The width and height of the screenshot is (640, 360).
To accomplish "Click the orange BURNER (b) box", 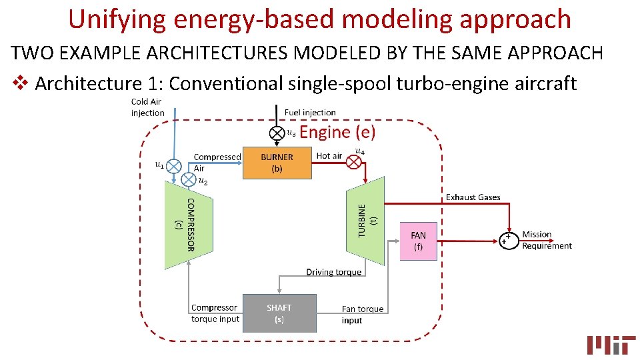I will tap(277, 163).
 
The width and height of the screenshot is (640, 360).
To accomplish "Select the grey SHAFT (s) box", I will tap(279, 313).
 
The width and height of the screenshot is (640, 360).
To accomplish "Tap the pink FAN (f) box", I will tap(418, 241).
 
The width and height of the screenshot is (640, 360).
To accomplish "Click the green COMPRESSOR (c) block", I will tap(189, 225).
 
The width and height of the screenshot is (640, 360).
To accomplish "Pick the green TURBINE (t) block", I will tap(366, 221).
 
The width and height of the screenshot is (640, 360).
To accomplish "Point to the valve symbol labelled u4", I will tap(355, 161).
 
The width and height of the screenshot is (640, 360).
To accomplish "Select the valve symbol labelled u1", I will tap(174, 165).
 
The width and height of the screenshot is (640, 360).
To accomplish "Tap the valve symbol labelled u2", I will tap(188, 179).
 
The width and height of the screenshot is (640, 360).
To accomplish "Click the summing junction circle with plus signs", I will tap(509, 240).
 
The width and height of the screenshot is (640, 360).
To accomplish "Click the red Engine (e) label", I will tap(337, 132).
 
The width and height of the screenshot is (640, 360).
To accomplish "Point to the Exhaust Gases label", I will tap(473, 197).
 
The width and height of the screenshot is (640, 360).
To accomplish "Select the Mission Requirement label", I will tap(547, 240).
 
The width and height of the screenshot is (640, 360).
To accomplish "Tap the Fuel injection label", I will tap(310, 113).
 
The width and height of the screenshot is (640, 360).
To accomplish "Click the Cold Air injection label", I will tap(147, 107).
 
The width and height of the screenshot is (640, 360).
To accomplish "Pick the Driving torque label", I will tap(333, 272).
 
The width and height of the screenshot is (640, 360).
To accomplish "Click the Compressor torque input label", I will tap(215, 313).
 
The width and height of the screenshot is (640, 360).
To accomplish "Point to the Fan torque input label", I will tap(362, 315).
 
